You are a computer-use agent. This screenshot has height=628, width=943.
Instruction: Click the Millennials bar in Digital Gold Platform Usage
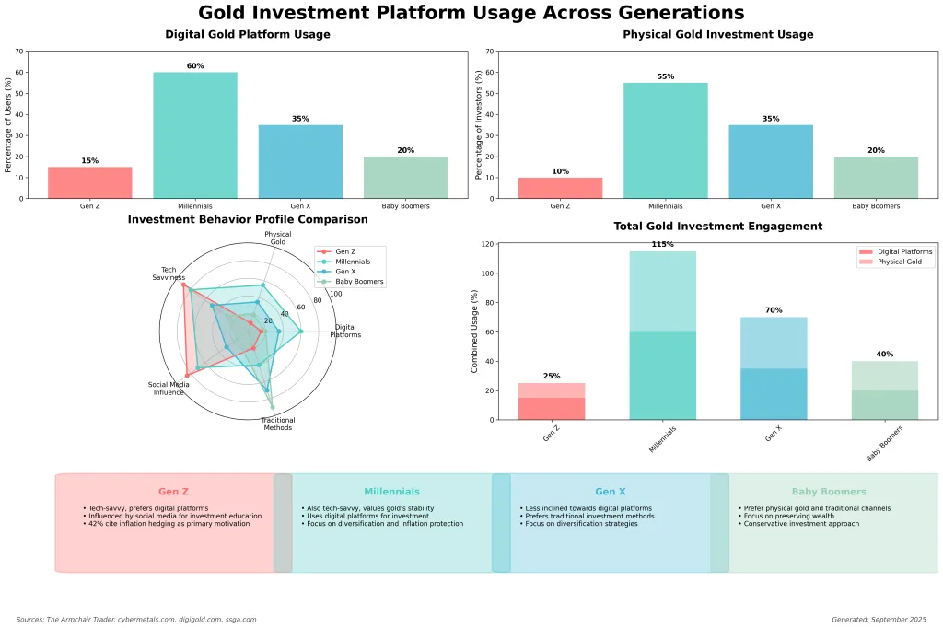[x=194, y=134]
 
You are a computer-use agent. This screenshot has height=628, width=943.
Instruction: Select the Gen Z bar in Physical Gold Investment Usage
[x=560, y=188]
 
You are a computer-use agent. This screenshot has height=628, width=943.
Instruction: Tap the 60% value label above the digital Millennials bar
[x=194, y=66]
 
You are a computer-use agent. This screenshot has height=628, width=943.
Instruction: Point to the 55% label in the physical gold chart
[x=665, y=76]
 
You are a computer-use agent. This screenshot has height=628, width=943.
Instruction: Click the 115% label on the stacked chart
[x=662, y=245]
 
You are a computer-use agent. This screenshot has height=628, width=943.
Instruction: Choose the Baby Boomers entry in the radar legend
[x=359, y=281]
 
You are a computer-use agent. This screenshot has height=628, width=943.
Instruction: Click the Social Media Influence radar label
[x=169, y=389]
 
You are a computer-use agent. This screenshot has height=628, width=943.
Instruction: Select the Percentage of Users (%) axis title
[x=8, y=124]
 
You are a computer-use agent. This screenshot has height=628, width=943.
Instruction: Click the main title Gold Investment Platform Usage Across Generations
[x=471, y=13]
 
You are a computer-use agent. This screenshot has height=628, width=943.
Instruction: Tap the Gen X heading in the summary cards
[x=610, y=492]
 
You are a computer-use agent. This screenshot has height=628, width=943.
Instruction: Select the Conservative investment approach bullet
[x=798, y=524]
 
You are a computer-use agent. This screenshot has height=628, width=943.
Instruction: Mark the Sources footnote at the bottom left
[x=136, y=620]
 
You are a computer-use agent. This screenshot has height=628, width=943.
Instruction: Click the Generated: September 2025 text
[x=878, y=620]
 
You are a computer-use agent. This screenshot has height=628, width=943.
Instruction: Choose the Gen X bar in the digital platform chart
[x=300, y=161]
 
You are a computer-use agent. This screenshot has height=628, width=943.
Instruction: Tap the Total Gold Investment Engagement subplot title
[x=717, y=227]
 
